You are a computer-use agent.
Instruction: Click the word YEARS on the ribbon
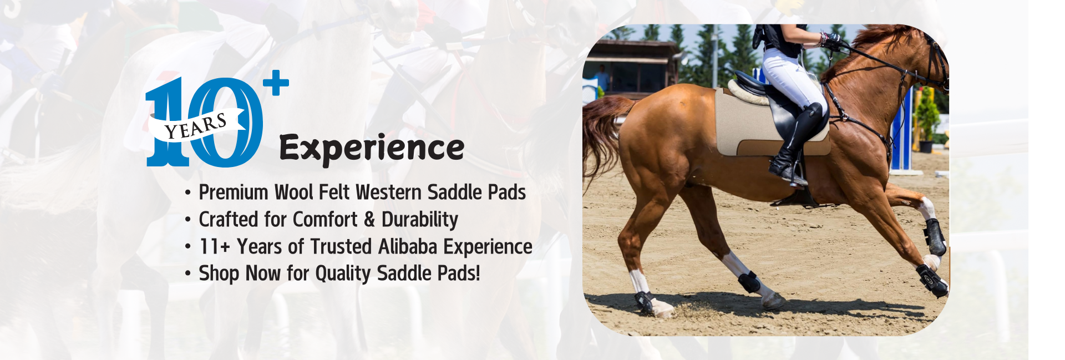[x=196, y=126]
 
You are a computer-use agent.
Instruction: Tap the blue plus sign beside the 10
[x=276, y=83]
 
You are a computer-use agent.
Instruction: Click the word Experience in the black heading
[x=372, y=149]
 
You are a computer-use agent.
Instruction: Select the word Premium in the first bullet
[x=234, y=192]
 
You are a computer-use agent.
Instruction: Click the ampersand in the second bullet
[x=369, y=220]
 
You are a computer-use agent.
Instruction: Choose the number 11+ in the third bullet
[x=215, y=247]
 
